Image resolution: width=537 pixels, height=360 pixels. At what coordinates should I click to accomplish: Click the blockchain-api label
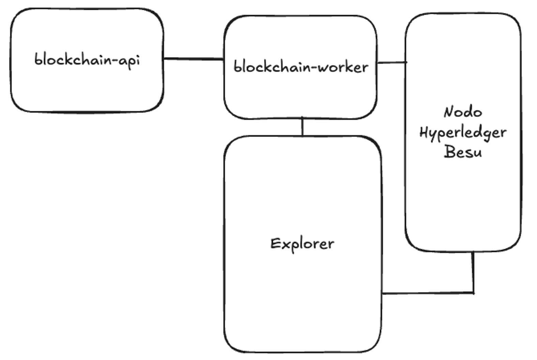[87, 60]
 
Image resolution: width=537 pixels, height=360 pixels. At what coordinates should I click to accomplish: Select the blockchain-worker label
[301, 67]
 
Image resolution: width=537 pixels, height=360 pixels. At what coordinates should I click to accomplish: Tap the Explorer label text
[302, 244]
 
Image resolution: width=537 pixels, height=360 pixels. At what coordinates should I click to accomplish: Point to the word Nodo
[463, 112]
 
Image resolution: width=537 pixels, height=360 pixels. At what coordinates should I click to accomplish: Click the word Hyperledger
[463, 133]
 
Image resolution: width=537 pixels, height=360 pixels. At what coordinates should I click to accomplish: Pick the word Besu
[463, 152]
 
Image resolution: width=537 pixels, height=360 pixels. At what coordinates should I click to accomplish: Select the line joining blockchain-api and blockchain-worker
[194, 59]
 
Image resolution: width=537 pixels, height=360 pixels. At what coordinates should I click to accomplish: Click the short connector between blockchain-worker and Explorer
[302, 127]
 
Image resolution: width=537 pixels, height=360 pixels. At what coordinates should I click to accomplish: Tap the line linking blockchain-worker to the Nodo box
[392, 62]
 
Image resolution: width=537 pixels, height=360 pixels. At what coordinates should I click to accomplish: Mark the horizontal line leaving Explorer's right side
[426, 293]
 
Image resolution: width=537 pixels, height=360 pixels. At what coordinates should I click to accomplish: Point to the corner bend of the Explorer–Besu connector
[473, 292]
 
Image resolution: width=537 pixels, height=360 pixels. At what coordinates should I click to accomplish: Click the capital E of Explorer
[275, 244]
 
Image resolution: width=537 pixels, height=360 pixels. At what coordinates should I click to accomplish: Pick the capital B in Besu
[449, 151]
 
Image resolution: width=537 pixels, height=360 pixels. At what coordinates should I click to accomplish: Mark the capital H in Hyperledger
[424, 132]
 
